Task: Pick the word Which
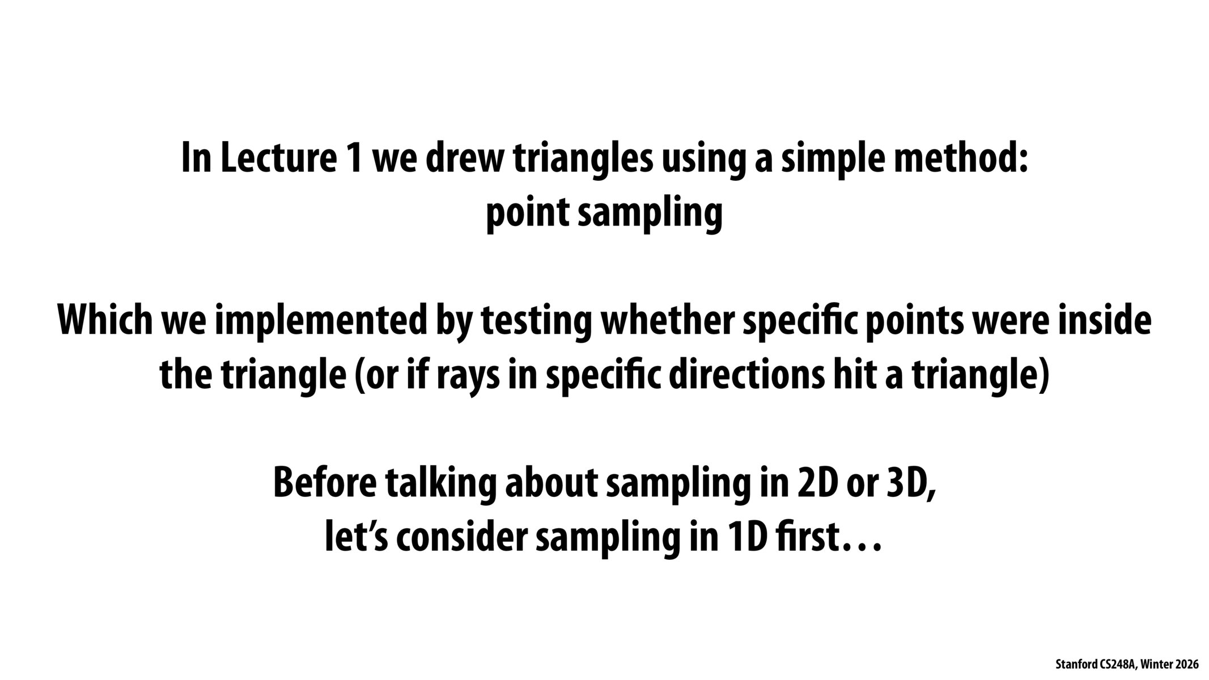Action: click(106, 320)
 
